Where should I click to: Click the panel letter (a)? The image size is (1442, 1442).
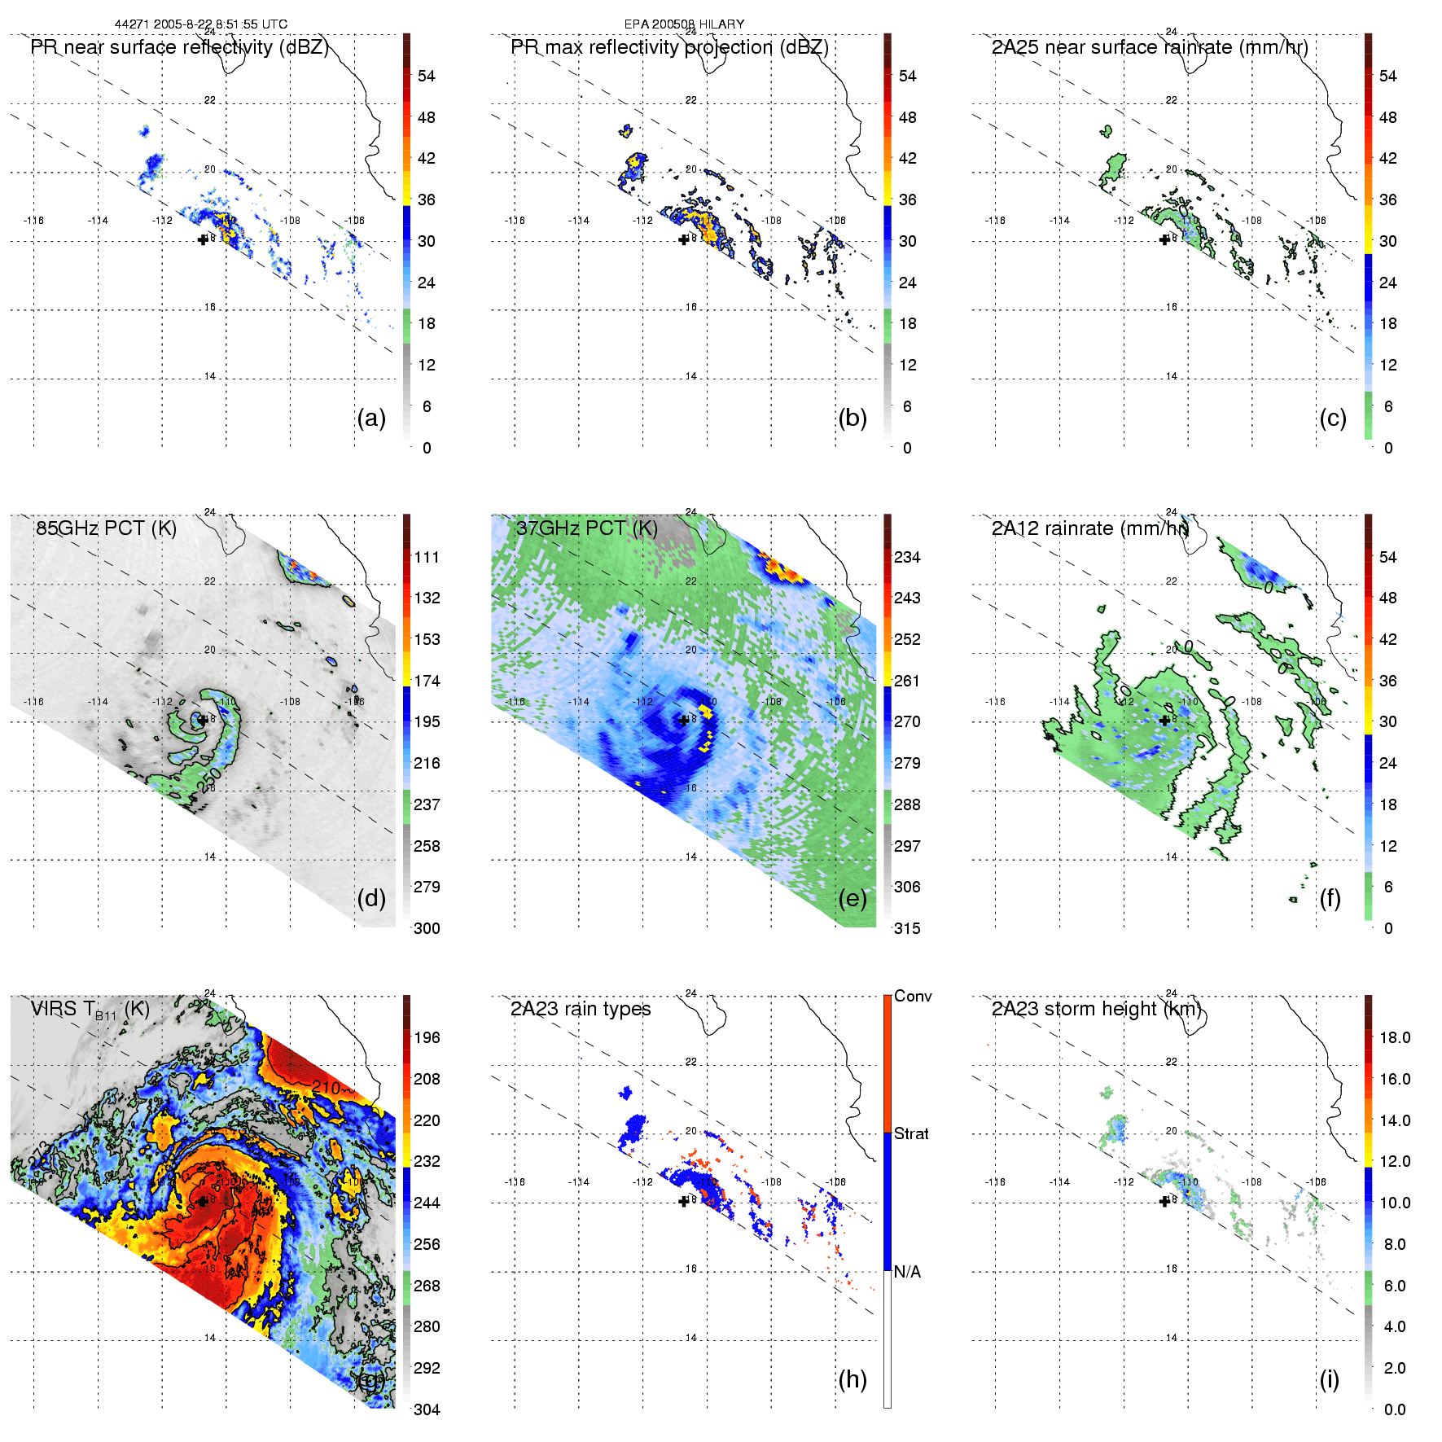[371, 419]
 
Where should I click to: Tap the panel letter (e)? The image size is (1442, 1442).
[852, 899]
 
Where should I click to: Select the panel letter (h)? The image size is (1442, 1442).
[852, 1379]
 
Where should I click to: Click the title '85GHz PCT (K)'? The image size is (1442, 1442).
[106, 528]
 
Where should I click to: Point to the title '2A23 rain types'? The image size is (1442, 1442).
[581, 1009]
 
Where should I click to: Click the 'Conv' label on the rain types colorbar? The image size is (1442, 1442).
[913, 996]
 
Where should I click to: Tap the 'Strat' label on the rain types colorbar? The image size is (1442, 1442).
[911, 1133]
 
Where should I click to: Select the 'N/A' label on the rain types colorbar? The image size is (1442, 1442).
[907, 1272]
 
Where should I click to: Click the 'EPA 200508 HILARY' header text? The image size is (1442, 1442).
[684, 24]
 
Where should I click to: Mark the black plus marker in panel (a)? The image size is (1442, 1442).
[203, 239]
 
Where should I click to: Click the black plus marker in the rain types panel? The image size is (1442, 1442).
[683, 1201]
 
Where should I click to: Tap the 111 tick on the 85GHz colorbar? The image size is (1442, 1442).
[427, 557]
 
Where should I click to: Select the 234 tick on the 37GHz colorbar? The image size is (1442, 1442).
[907, 557]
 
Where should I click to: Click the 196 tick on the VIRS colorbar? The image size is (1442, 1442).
[427, 1037]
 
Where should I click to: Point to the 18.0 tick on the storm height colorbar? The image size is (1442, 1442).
[1395, 1037]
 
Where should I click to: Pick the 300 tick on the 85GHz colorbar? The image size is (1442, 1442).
[427, 928]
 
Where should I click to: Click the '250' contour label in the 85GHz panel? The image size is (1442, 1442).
[208, 779]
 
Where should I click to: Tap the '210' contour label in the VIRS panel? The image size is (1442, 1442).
[326, 1088]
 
